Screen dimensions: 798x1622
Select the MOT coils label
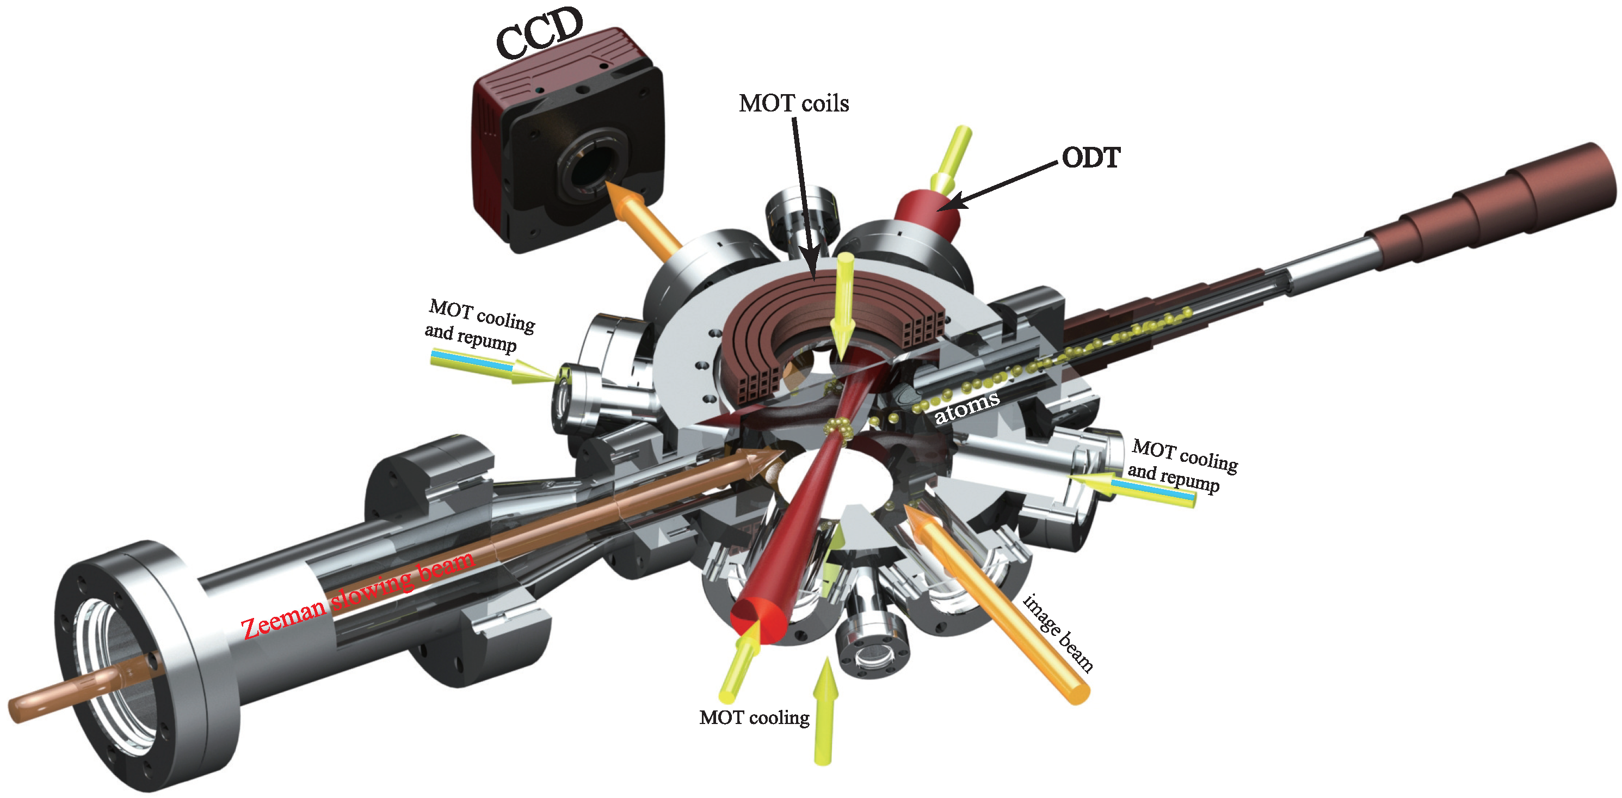[x=793, y=104]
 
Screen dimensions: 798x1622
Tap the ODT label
[x=1090, y=158]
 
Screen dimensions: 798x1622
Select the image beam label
[x=1058, y=633]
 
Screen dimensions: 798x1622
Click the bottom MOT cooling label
[x=754, y=718]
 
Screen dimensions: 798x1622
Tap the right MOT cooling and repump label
[x=1182, y=466]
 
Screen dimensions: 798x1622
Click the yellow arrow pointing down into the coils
[x=842, y=302]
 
